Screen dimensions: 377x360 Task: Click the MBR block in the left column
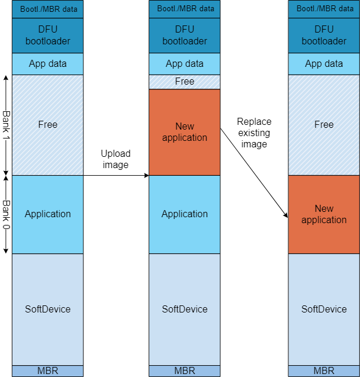pos(47,371)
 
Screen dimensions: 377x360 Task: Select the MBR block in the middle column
pos(184,371)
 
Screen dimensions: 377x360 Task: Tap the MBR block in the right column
pos(324,371)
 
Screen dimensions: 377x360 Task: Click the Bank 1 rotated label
pos(7,125)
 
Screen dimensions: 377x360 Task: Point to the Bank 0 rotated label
pos(7,214)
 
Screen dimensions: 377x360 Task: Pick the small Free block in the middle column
pos(184,82)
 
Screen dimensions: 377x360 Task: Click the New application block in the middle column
pos(184,132)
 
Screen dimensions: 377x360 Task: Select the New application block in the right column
pos(324,214)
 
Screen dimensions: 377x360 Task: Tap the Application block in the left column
pos(47,214)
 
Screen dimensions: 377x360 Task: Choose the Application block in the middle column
pos(184,214)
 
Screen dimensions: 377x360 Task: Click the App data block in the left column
pos(47,64)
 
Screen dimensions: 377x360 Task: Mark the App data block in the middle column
pos(184,64)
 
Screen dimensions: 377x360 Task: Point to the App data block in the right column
pos(324,64)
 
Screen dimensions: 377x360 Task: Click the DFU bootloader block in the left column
pos(47,36)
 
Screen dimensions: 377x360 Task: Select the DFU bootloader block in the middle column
pos(184,36)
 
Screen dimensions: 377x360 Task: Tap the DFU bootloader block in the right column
pos(324,36)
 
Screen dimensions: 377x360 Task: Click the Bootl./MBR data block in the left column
pos(47,9)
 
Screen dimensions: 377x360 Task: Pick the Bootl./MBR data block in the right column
pos(324,9)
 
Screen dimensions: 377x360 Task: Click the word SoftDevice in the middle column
pos(184,309)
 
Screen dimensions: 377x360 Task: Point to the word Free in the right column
pos(324,125)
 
